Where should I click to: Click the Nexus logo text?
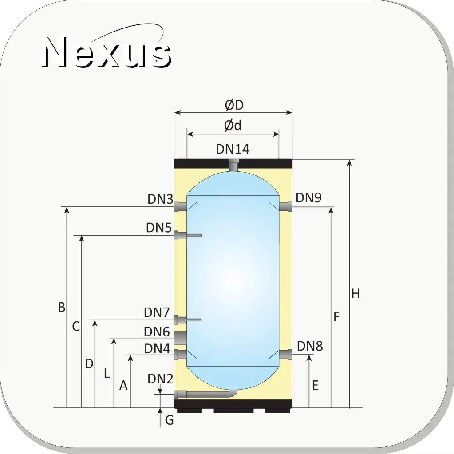pos(106,52)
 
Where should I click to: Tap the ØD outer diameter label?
pos(234,105)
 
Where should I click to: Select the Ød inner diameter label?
pos(233,125)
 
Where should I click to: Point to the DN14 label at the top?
pos(233,149)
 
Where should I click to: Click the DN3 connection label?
pos(160,199)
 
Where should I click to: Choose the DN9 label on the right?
pos(308,198)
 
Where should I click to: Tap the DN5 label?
pos(159,228)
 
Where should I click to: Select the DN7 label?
pos(157,312)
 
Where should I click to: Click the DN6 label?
pos(157,332)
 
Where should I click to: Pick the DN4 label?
pos(157,349)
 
